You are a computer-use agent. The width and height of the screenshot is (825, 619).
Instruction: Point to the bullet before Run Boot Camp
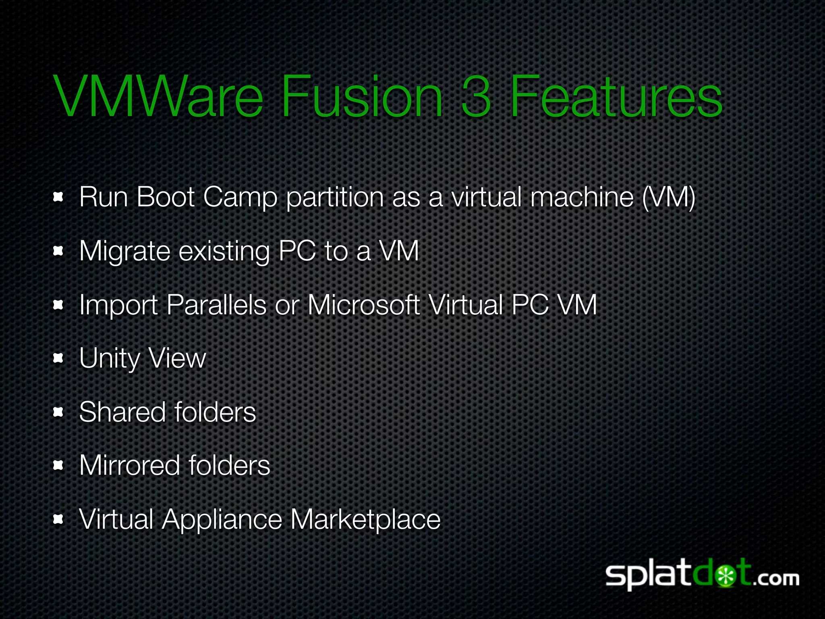click(59, 197)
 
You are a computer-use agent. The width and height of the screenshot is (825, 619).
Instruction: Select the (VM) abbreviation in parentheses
click(669, 197)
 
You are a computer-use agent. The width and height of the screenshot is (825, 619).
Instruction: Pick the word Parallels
click(216, 305)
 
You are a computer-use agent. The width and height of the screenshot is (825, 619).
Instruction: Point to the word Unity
click(109, 359)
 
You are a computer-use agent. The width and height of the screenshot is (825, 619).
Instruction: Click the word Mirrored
click(129, 465)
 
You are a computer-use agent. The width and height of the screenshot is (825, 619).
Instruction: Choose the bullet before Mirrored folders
click(59, 465)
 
